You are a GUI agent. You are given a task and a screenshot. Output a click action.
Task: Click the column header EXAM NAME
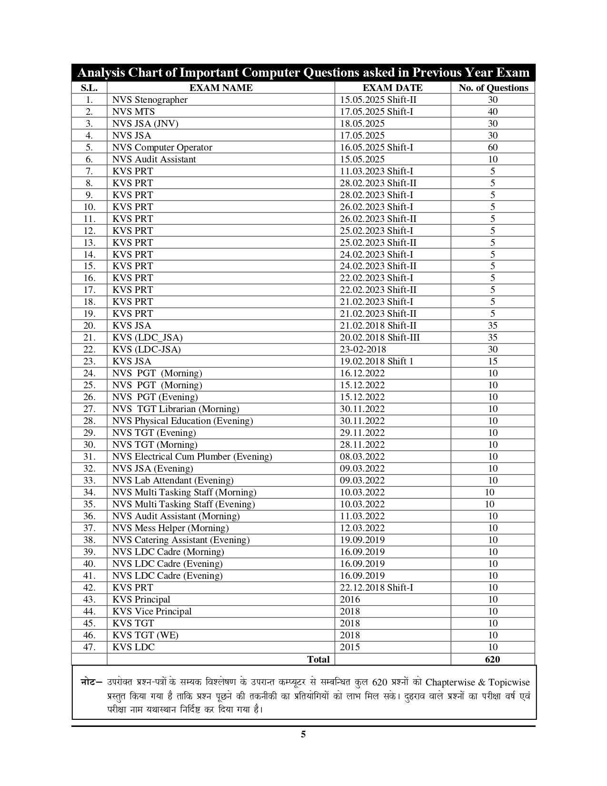(221, 88)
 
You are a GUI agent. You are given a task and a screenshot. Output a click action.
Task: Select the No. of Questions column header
(493, 88)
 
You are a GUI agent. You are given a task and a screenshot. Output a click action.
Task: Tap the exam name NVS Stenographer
(150, 100)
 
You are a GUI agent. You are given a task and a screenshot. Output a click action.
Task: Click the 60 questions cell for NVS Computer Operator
(493, 147)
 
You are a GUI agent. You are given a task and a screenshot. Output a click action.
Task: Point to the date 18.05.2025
(362, 123)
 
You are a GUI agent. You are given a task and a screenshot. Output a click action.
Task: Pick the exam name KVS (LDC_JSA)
(148, 337)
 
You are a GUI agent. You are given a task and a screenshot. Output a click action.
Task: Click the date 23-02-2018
(363, 349)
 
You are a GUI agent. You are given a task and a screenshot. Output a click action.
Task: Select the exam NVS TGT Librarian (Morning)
(176, 409)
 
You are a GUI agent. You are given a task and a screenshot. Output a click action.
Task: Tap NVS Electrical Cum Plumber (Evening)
(192, 456)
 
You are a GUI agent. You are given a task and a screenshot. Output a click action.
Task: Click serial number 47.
(90, 647)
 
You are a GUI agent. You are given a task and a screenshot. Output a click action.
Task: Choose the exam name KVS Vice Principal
(152, 611)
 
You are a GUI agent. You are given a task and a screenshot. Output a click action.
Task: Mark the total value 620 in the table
(493, 659)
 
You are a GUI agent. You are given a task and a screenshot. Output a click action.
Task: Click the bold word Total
(318, 659)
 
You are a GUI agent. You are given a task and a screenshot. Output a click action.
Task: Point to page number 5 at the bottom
(303, 734)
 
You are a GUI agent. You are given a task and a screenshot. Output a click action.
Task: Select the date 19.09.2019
(362, 540)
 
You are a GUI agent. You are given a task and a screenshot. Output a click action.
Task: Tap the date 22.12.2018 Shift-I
(377, 587)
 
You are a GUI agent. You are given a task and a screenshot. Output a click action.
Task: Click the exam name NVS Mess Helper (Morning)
(170, 528)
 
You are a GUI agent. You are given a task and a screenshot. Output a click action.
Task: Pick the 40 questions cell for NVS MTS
(493, 111)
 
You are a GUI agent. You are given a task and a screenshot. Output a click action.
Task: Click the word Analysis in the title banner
(101, 72)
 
